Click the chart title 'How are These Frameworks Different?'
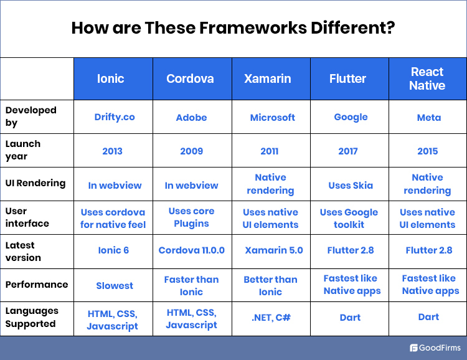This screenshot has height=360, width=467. [x=233, y=28]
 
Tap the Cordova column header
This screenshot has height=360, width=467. [x=191, y=79]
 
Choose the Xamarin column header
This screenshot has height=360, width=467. [x=270, y=79]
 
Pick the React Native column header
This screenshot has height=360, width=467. [x=427, y=79]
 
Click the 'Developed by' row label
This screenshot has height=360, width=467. [x=31, y=116]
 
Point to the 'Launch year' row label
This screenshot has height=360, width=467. [x=23, y=150]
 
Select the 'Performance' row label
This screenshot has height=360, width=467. [x=37, y=285]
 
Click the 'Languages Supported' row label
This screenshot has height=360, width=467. [x=32, y=317]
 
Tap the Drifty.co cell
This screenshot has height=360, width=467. [x=115, y=117]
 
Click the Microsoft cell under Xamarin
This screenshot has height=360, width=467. [x=272, y=117]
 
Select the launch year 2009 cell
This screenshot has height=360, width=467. [x=191, y=151]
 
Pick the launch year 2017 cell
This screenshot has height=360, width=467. [x=348, y=151]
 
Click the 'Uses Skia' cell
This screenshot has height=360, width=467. [x=350, y=184]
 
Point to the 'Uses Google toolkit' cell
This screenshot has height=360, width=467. [x=349, y=218]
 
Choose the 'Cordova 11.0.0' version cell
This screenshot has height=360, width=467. [x=191, y=250]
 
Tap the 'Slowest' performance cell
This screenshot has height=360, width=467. [x=115, y=285]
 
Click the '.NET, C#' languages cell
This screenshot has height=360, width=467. [x=271, y=318]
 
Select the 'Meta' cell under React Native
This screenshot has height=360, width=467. [x=428, y=117]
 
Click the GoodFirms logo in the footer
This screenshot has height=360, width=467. [x=435, y=348]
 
